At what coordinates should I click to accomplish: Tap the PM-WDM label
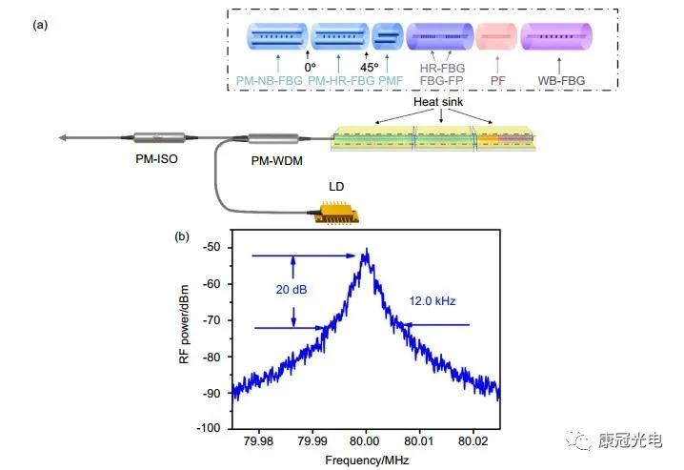(276, 163)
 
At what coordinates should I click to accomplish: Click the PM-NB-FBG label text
(270, 81)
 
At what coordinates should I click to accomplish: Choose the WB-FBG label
(557, 81)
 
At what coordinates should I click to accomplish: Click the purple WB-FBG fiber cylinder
(557, 37)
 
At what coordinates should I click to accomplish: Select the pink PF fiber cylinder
(495, 37)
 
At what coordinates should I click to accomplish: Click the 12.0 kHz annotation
(434, 301)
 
